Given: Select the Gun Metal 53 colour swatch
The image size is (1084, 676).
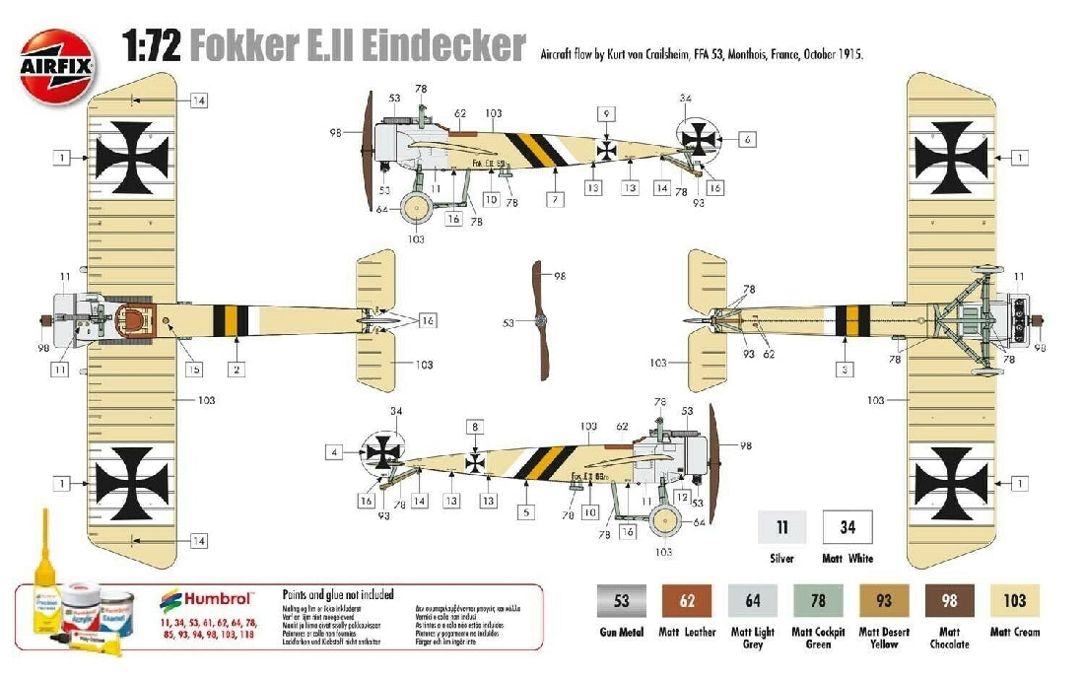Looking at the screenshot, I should (x=621, y=600).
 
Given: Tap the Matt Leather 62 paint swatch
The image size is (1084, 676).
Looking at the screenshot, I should (x=687, y=600).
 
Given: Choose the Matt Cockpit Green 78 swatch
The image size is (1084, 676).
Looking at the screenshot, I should (x=818, y=600).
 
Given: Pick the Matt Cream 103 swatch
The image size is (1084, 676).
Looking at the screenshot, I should (x=1014, y=600).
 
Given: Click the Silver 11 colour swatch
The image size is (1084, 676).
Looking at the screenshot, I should (x=782, y=528).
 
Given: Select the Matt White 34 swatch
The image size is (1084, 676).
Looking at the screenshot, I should (x=847, y=528).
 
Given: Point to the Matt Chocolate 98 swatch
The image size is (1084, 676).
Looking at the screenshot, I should (x=949, y=600).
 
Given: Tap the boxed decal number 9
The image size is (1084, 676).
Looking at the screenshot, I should (x=607, y=113).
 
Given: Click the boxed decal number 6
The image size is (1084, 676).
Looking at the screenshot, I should (x=748, y=140).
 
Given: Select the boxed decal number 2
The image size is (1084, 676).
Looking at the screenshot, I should (x=237, y=370).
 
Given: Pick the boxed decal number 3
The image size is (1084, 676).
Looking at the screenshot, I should (x=846, y=370).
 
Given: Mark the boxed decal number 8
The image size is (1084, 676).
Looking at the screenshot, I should (x=475, y=428).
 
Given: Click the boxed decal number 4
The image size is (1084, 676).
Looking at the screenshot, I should (x=335, y=452).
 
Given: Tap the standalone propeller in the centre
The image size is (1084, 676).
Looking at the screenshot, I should (x=539, y=320).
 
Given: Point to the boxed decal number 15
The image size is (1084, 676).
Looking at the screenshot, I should (x=193, y=370).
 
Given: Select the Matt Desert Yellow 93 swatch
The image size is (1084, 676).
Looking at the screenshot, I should (x=884, y=600).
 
